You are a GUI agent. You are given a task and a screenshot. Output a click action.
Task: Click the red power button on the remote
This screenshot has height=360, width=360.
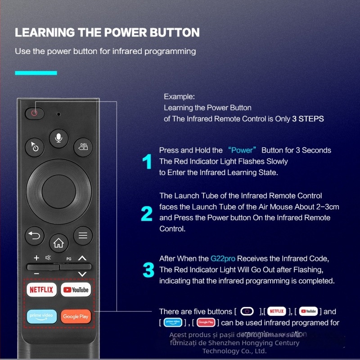coord(34,113)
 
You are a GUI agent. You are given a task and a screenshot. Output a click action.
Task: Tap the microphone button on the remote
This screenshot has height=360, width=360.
coord(58,136)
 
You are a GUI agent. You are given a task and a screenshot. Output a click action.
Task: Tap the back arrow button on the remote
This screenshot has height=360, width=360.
coord(35,235)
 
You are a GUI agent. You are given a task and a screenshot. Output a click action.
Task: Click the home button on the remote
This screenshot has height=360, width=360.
coord(58,244)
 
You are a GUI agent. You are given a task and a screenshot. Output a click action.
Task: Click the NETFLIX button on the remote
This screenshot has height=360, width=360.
coord(41,290)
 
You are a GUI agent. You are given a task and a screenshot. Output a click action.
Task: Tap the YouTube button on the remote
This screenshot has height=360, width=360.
coord(76,290)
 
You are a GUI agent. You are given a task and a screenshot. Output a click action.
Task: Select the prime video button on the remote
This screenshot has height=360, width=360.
coord(41,316)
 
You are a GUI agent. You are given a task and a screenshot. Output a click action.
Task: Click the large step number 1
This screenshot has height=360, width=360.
coord(147,162)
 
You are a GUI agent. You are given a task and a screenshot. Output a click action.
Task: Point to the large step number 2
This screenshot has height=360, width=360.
coord(147,213)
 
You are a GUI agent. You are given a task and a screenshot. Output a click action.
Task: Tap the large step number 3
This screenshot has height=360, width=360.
coord(148,270)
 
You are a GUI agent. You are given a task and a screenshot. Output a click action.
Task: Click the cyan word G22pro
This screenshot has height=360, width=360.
coord(223,259)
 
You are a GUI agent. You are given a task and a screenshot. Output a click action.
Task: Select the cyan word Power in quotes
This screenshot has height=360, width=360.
coord(242,150)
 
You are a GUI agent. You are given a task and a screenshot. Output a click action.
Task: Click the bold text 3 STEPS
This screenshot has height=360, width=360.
coord(308,119)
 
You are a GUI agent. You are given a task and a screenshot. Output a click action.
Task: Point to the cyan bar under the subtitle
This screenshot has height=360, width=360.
coord(36,73)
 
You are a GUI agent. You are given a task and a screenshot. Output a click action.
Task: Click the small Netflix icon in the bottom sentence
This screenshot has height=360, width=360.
coord(277,311)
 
